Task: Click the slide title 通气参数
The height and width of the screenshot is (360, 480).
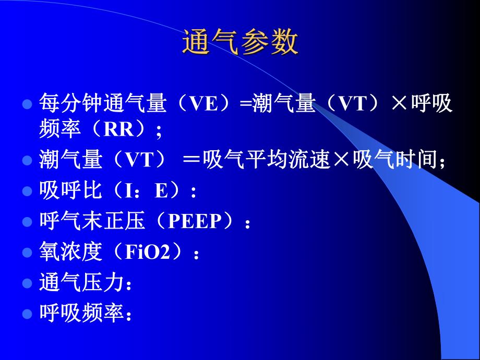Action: (240, 42)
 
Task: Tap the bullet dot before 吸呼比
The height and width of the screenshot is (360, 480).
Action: (28, 191)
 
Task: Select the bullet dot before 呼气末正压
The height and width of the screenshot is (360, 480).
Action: (28, 222)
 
